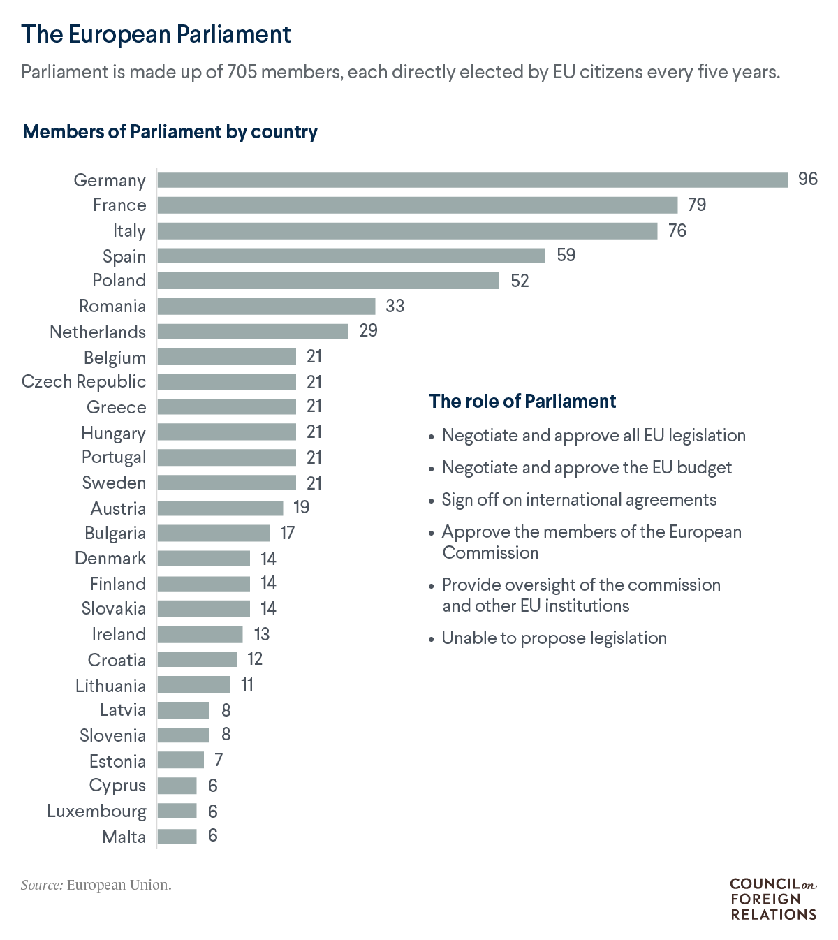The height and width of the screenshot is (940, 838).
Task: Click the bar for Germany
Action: click(472, 180)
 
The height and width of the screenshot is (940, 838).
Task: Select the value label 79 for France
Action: click(696, 205)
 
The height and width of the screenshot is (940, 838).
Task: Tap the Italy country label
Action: click(129, 230)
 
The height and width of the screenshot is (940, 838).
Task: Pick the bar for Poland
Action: click(328, 281)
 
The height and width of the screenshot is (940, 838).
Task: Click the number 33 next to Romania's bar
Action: click(395, 306)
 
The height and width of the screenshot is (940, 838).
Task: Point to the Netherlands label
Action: click(98, 332)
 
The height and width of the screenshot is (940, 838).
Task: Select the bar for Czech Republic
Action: click(227, 382)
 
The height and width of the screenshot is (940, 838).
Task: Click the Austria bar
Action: click(220, 508)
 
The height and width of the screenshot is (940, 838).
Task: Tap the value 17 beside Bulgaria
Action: click(287, 534)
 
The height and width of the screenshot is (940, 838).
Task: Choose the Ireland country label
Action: click(119, 634)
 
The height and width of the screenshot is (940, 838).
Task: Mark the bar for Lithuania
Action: click(193, 684)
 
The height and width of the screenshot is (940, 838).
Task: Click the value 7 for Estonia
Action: click(218, 760)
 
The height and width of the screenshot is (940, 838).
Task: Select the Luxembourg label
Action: click(97, 811)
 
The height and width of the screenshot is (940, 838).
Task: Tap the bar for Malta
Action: click(177, 836)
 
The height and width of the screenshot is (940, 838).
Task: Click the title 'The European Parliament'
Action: click(156, 34)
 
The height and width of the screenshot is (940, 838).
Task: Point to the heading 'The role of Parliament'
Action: click(522, 401)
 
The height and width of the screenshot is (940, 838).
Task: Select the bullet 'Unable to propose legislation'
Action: click(554, 638)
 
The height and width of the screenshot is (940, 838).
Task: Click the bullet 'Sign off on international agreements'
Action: click(579, 499)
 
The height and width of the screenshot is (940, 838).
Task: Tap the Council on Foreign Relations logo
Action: click(773, 899)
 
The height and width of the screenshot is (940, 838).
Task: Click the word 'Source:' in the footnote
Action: click(42, 885)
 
